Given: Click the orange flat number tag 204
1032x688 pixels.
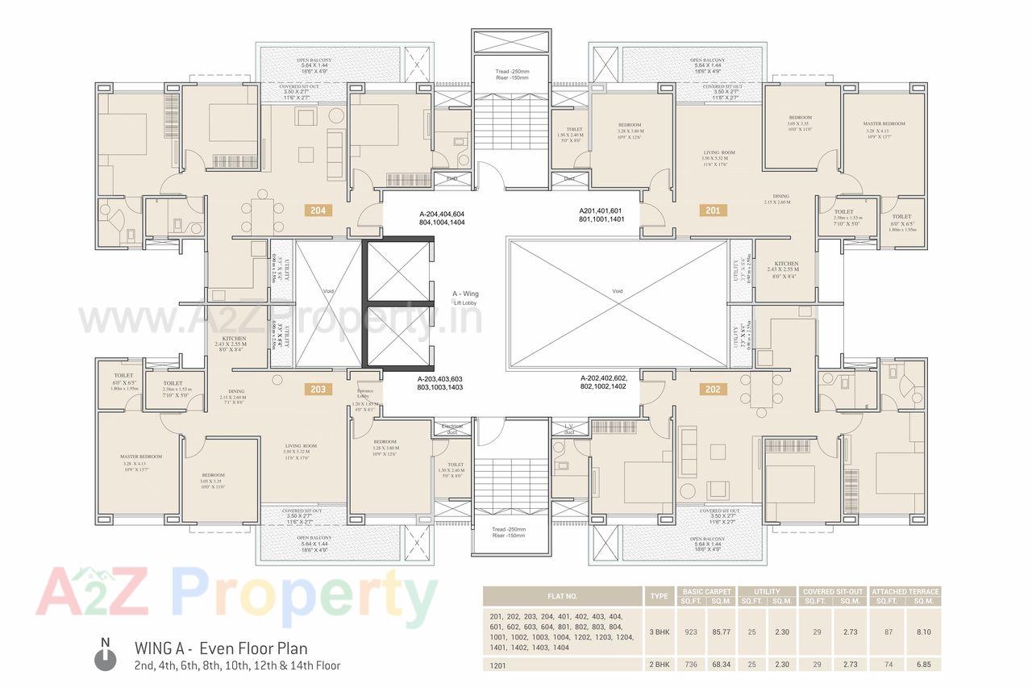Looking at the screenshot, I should (x=318, y=211).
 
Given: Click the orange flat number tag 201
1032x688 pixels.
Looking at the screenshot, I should (x=713, y=211).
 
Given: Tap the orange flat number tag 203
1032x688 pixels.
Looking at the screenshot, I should (x=318, y=389).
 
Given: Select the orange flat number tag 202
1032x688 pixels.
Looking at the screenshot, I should (x=713, y=389).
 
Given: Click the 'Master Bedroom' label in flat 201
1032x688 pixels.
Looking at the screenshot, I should (x=884, y=124).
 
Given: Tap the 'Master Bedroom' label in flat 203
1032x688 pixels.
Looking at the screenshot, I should (x=141, y=457).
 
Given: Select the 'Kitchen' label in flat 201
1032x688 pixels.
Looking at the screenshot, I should (x=786, y=264).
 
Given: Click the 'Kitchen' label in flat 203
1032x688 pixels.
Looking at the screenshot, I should (x=235, y=339).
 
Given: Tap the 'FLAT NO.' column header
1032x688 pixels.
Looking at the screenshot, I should (x=561, y=596).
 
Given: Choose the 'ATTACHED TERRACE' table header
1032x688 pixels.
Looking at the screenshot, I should (x=905, y=591).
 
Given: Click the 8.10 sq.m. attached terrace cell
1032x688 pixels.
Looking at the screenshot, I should (x=923, y=632).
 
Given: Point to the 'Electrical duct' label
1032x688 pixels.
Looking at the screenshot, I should (x=451, y=427).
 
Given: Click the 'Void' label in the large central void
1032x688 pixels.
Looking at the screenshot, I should (x=618, y=291).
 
